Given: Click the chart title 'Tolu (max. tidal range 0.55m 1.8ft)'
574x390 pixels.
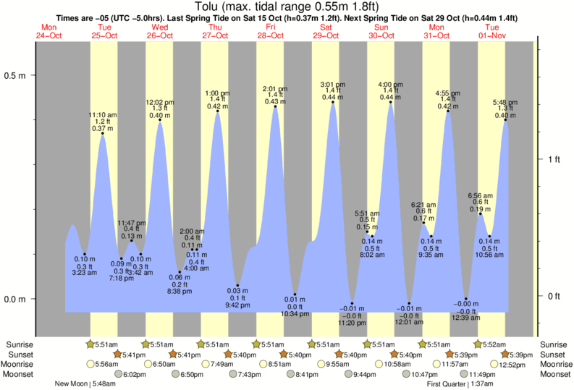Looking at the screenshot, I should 286,7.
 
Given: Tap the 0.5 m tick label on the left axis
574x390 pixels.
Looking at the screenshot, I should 17,75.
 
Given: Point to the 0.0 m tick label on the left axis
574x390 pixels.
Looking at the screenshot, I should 17,299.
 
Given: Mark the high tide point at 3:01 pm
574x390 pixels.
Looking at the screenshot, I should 333,103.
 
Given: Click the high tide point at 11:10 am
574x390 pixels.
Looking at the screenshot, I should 103,133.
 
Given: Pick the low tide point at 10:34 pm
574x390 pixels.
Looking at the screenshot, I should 295,294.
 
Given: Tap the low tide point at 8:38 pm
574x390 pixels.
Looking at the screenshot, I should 180,272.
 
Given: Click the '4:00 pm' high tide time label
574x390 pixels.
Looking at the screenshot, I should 391,85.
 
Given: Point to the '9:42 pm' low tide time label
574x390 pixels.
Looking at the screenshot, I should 237,305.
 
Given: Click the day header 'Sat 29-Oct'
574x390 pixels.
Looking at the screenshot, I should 326,31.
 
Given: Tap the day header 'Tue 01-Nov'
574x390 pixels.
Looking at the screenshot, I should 492,31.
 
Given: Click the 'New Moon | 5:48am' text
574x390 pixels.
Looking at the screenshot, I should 84,383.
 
